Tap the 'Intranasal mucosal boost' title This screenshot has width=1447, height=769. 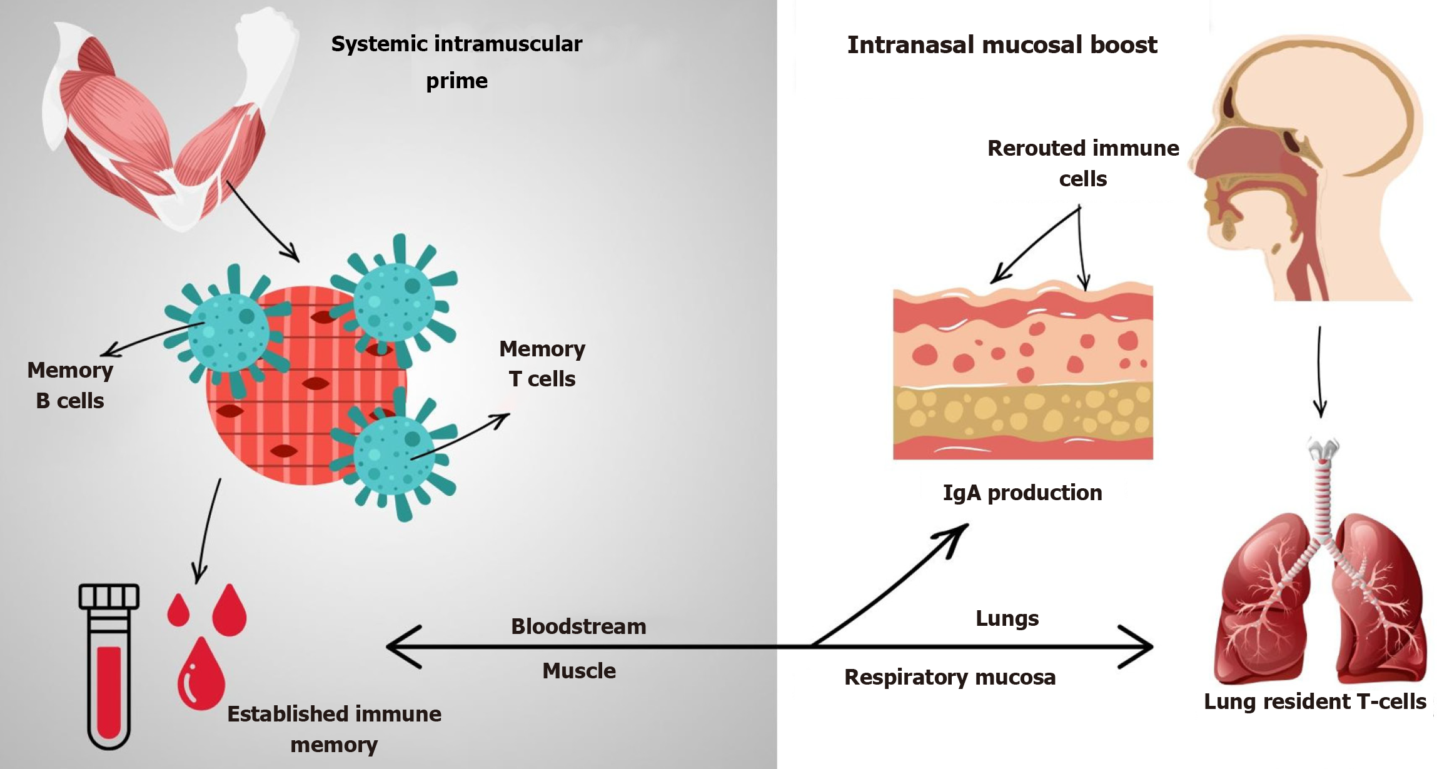coord(1002,45)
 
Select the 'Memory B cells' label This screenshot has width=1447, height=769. coord(70,385)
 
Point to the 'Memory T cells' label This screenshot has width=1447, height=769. coord(542,363)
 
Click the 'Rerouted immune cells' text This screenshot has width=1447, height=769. coord(1083,163)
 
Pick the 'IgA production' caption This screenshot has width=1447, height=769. coord(1022,493)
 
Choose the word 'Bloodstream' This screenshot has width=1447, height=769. coord(578,626)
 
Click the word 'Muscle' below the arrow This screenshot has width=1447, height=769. coord(579,671)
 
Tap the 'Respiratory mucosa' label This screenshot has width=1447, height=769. coord(950,677)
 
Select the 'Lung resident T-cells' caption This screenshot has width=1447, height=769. coord(1315,701)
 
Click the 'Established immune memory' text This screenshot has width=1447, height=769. coord(334,729)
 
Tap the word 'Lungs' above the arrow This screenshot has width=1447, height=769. coord(1007,618)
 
